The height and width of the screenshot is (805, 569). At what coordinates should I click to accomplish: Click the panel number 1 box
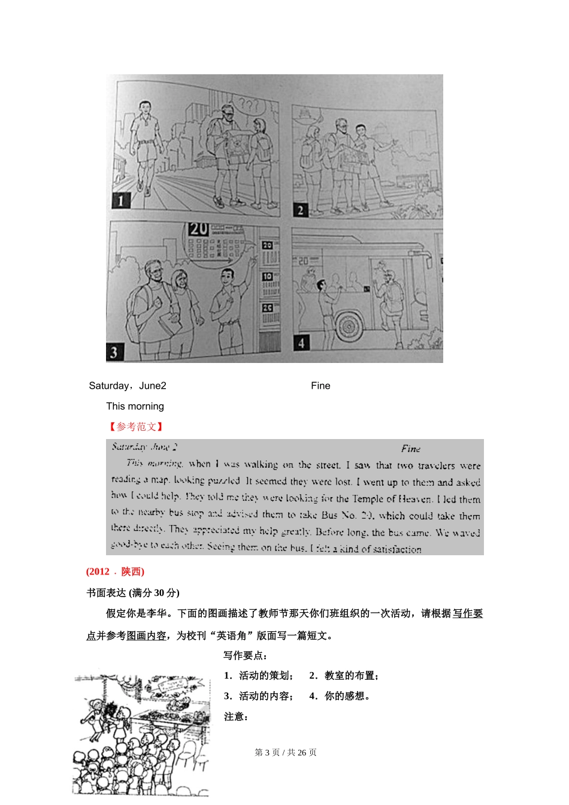point(121,200)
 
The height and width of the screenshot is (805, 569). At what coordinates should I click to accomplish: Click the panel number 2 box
point(300,210)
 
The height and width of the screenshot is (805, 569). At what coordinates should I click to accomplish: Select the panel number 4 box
point(301,343)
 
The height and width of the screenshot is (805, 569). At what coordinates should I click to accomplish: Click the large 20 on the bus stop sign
point(198,229)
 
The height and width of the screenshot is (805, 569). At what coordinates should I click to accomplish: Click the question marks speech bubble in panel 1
point(249,106)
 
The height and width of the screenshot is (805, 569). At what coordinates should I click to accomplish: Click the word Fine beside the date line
point(320,386)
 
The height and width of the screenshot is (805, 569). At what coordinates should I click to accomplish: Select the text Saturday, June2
point(128,386)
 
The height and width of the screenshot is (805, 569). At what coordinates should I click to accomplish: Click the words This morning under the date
point(135,406)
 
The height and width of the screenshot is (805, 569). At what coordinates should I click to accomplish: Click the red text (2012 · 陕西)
point(115,571)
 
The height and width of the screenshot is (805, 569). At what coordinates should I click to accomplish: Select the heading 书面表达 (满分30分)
point(132,592)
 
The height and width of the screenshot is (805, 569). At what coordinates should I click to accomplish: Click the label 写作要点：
point(246,655)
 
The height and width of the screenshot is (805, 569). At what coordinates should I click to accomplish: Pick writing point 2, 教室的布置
point(344,676)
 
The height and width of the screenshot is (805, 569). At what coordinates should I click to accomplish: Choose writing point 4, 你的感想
point(341,696)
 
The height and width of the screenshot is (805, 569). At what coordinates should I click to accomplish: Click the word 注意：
point(236,716)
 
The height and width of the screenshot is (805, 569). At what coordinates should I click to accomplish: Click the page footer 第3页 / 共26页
point(286,752)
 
